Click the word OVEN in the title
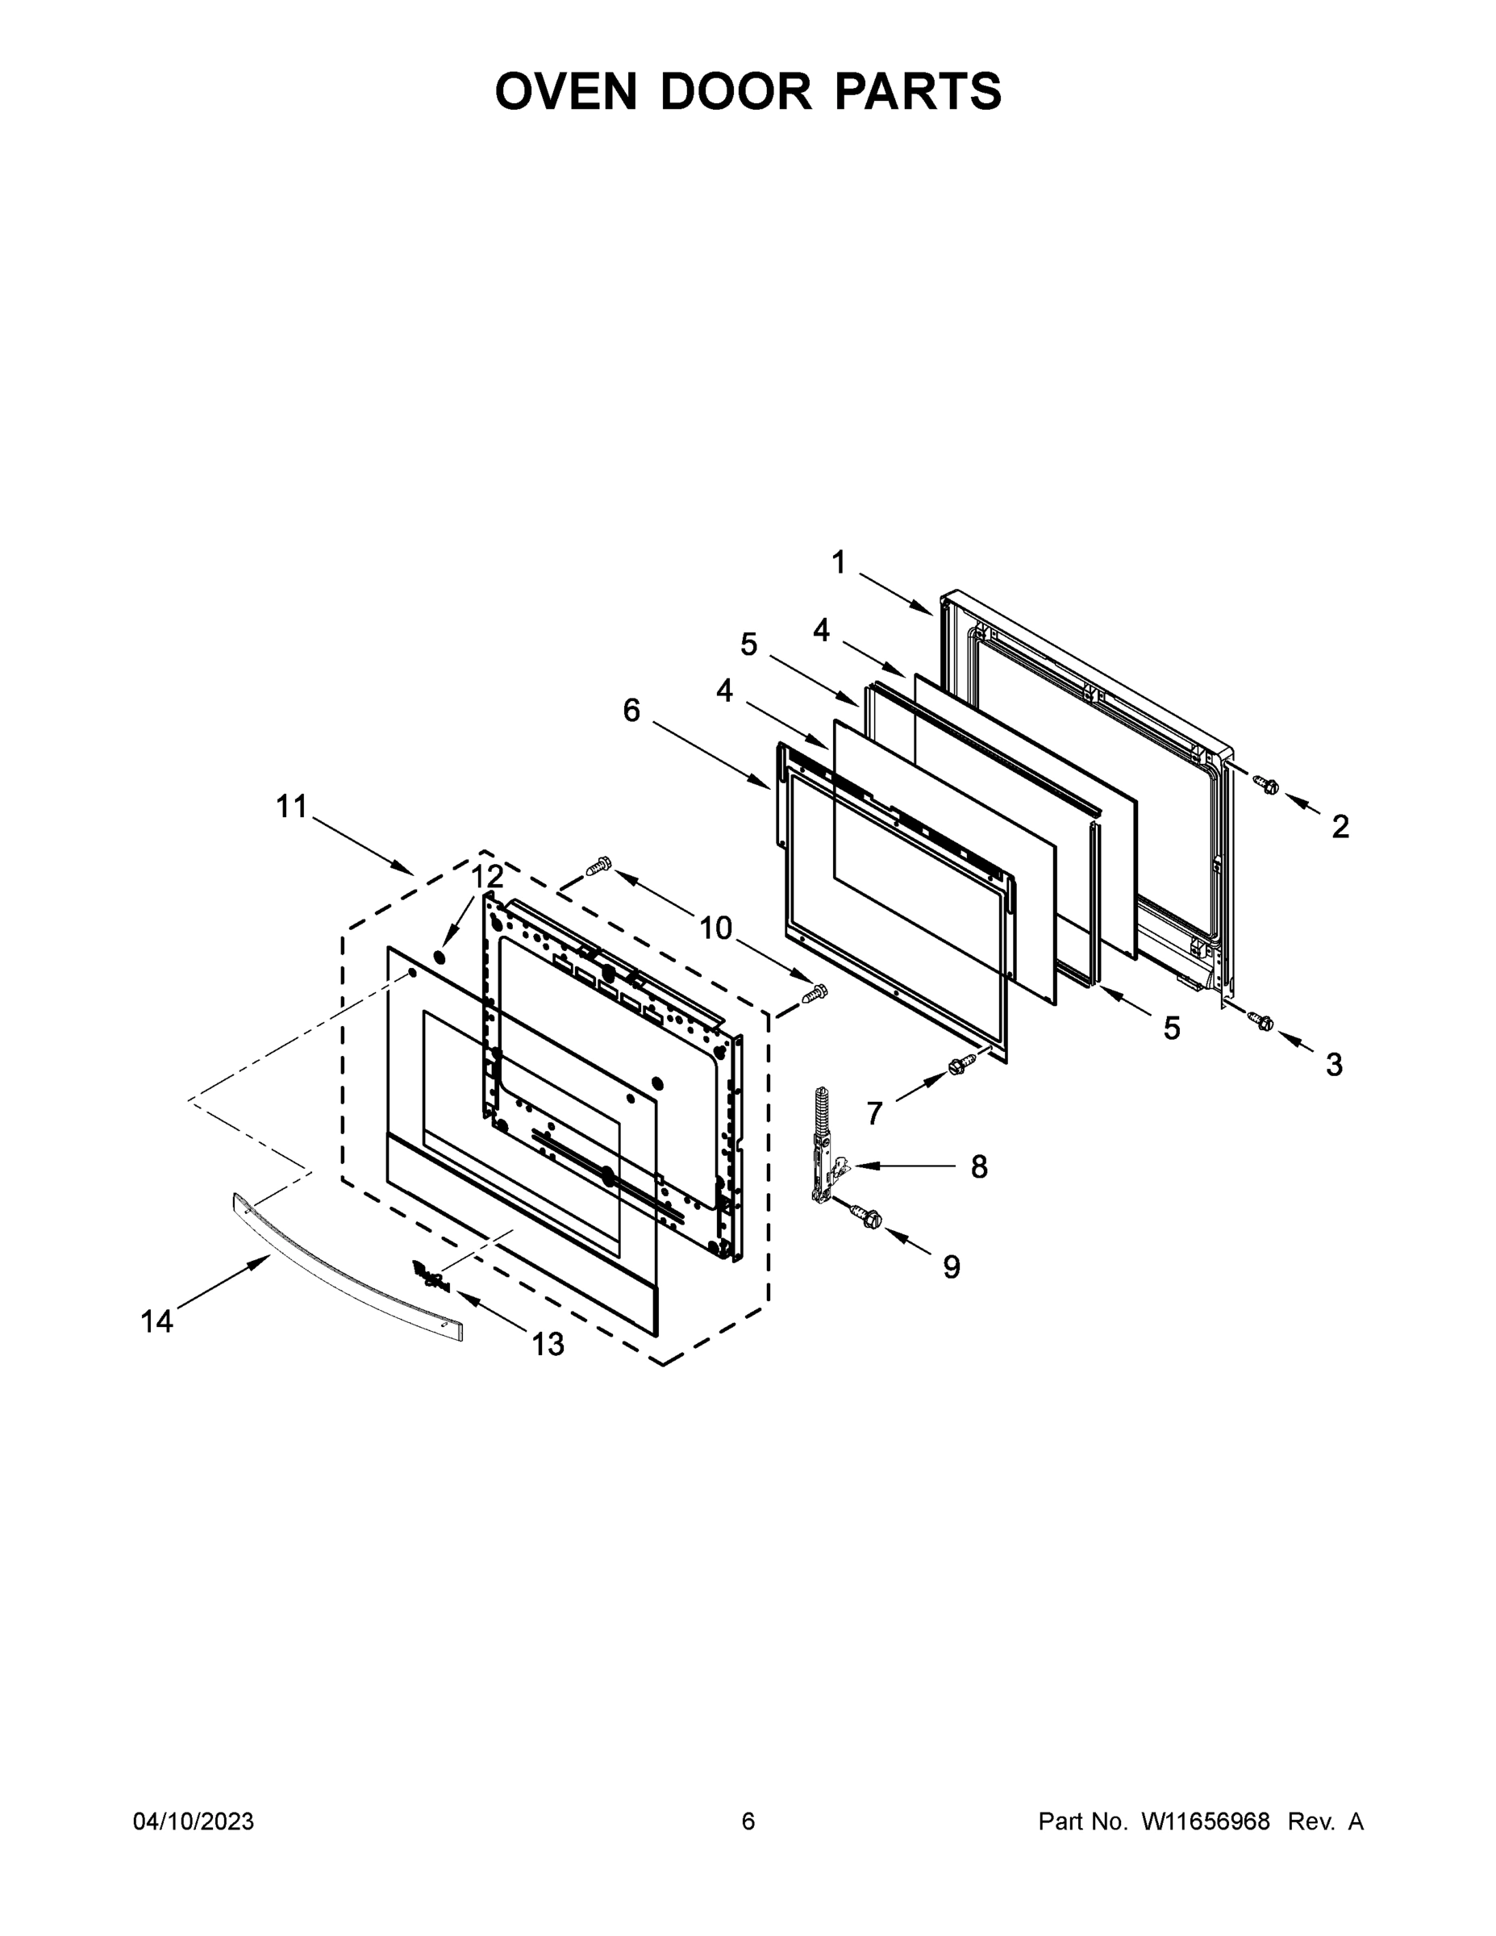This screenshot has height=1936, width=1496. [565, 91]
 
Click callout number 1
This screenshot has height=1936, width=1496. [839, 562]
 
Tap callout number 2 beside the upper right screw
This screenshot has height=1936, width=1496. [1340, 826]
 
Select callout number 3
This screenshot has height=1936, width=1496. [1334, 1064]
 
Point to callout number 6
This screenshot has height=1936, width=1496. [631, 709]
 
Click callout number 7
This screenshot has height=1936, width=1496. [875, 1112]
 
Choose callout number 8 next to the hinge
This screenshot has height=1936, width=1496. [978, 1166]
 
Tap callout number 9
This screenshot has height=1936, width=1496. [951, 1266]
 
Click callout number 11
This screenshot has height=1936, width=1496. [292, 807]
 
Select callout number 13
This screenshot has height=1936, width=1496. [548, 1345]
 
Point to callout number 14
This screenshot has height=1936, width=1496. [157, 1321]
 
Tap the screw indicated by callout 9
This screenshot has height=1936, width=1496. [865, 1217]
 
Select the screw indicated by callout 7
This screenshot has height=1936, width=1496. [958, 1066]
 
